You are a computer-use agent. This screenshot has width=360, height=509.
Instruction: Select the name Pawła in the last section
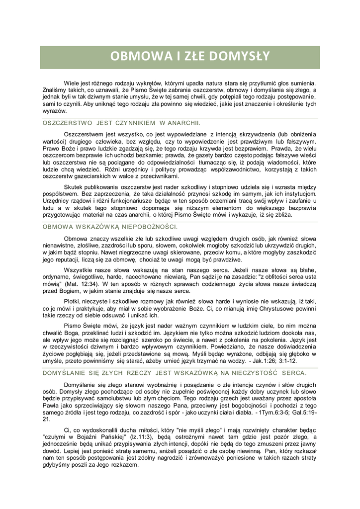click(x=51, y=406)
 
